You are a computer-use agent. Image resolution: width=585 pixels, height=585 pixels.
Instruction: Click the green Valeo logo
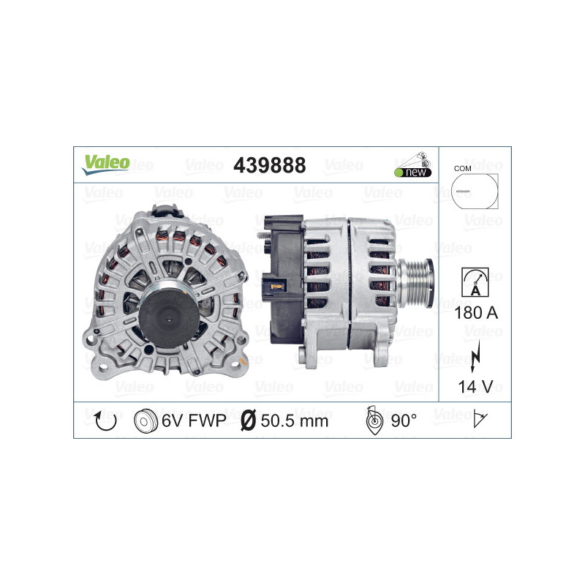point(105,163)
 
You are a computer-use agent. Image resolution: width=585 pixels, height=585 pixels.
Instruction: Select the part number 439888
point(269,166)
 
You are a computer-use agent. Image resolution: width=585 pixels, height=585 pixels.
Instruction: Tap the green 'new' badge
point(414,172)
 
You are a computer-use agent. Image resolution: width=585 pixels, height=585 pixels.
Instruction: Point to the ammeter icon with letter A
point(475,283)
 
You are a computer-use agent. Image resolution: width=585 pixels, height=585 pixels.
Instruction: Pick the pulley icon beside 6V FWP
point(147,420)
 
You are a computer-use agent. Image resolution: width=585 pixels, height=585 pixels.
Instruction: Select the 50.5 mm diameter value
point(295,420)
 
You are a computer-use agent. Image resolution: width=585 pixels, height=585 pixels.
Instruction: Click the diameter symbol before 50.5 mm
point(248,420)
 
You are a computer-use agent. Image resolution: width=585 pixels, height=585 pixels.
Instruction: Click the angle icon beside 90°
point(373,420)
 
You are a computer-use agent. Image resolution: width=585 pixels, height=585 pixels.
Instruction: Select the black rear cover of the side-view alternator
point(282,278)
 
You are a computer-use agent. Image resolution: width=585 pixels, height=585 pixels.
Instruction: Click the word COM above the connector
point(461,168)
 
